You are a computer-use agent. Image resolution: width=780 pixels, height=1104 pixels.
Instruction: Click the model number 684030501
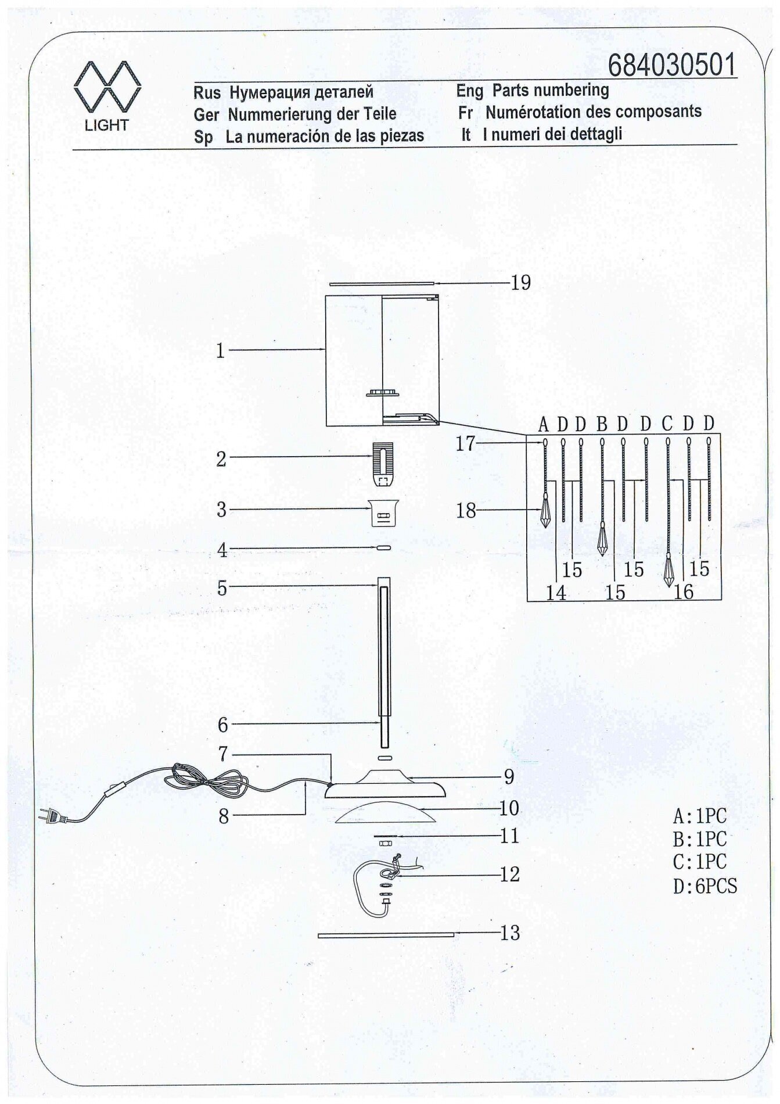click(672, 65)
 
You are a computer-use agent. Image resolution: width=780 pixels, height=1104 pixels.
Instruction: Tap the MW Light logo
click(107, 96)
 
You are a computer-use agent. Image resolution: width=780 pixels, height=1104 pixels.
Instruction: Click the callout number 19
click(521, 283)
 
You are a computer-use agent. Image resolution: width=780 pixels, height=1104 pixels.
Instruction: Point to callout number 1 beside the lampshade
click(220, 351)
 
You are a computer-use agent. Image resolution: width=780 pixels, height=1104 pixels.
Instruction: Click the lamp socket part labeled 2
click(381, 464)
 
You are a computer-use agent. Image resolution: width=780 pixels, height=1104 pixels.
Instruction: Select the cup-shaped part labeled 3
click(384, 511)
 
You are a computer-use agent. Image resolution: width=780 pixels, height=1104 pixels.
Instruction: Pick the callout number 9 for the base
click(509, 776)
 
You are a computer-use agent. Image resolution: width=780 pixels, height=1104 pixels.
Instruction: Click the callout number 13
click(510, 933)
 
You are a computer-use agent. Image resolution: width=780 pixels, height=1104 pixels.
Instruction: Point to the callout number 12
click(509, 874)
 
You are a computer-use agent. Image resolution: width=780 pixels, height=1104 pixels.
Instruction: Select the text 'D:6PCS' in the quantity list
click(704, 887)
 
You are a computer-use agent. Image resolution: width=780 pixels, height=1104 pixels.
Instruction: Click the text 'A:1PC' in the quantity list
click(699, 816)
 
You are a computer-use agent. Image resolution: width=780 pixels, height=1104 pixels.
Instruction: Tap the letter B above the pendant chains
click(602, 424)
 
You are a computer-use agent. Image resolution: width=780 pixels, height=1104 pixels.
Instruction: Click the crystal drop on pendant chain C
click(668, 569)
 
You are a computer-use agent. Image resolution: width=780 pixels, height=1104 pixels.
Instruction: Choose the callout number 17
click(465, 444)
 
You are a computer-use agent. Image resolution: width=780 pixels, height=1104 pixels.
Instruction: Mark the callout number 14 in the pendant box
click(556, 593)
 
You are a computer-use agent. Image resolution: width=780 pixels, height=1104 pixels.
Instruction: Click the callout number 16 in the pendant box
click(684, 592)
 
